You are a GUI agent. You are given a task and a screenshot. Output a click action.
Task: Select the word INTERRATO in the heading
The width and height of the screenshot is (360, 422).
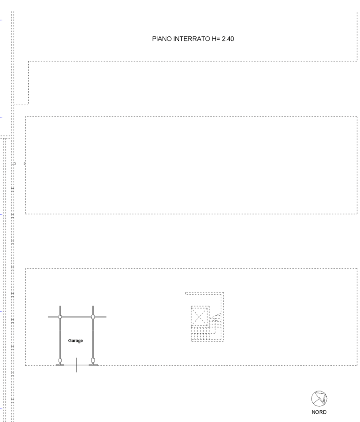click(191, 39)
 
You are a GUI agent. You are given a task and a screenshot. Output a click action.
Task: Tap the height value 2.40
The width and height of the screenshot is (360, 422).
click(228, 39)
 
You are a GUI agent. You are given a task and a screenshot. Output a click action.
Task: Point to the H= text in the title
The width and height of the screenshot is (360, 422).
click(216, 39)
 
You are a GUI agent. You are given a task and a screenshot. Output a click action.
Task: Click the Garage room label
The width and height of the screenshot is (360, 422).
click(75, 341)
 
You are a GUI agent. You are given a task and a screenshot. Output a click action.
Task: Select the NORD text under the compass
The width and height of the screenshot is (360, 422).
click(319, 412)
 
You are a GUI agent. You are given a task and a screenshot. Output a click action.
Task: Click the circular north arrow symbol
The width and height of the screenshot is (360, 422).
click(319, 399)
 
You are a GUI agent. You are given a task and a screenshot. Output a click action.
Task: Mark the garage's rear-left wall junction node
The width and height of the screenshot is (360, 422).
click(60, 317)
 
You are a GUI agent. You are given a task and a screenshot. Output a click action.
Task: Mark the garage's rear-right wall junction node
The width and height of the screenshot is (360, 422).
click(93, 317)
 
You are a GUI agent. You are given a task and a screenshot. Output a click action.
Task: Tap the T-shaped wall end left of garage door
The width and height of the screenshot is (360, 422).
click(60, 365)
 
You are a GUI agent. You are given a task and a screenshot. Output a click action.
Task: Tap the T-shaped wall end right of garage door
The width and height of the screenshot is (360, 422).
click(94, 365)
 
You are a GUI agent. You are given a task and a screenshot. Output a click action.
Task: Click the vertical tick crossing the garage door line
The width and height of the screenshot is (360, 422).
click(76, 365)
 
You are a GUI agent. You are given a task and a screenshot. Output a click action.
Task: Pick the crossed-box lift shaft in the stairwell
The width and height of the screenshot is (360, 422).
click(200, 316)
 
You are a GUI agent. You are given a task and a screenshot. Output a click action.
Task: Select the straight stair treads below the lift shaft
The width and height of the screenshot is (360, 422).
click(201, 334)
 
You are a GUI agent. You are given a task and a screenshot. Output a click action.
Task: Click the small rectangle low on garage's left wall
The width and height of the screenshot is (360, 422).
click(60, 360)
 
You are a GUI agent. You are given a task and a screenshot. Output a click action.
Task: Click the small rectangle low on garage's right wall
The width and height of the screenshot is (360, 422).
click(93, 360)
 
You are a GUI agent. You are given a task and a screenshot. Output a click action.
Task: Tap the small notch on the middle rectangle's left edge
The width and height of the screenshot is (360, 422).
click(25, 164)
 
